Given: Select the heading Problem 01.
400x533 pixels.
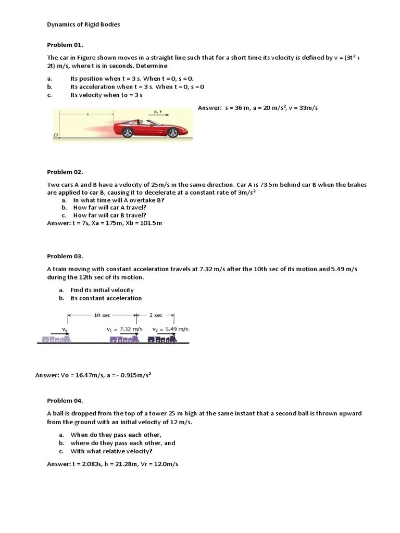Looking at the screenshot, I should pyautogui.click(x=65, y=45).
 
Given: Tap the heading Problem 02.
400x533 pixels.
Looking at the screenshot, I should pyautogui.click(x=65, y=172).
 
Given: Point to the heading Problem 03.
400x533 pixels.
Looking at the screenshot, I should pyautogui.click(x=65, y=256).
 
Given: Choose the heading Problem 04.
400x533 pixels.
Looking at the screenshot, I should pyautogui.click(x=65, y=400).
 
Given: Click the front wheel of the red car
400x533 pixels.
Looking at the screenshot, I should pyautogui.click(x=172, y=133).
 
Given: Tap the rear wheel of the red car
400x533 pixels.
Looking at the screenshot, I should pyautogui.click(x=128, y=133).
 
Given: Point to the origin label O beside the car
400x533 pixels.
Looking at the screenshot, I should pyautogui.click(x=55, y=135).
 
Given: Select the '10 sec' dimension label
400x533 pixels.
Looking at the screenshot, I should pyautogui.click(x=102, y=315).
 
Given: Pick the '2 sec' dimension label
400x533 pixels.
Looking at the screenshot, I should pyautogui.click(x=155, y=315).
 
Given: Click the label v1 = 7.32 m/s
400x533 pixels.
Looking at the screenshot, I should pyautogui.click(x=124, y=329).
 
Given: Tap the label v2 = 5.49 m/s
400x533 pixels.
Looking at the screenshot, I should pyautogui.click(x=170, y=329).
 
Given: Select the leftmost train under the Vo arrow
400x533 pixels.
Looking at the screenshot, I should pyautogui.click(x=57, y=339).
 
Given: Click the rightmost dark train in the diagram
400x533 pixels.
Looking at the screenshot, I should pyautogui.click(x=162, y=339).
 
